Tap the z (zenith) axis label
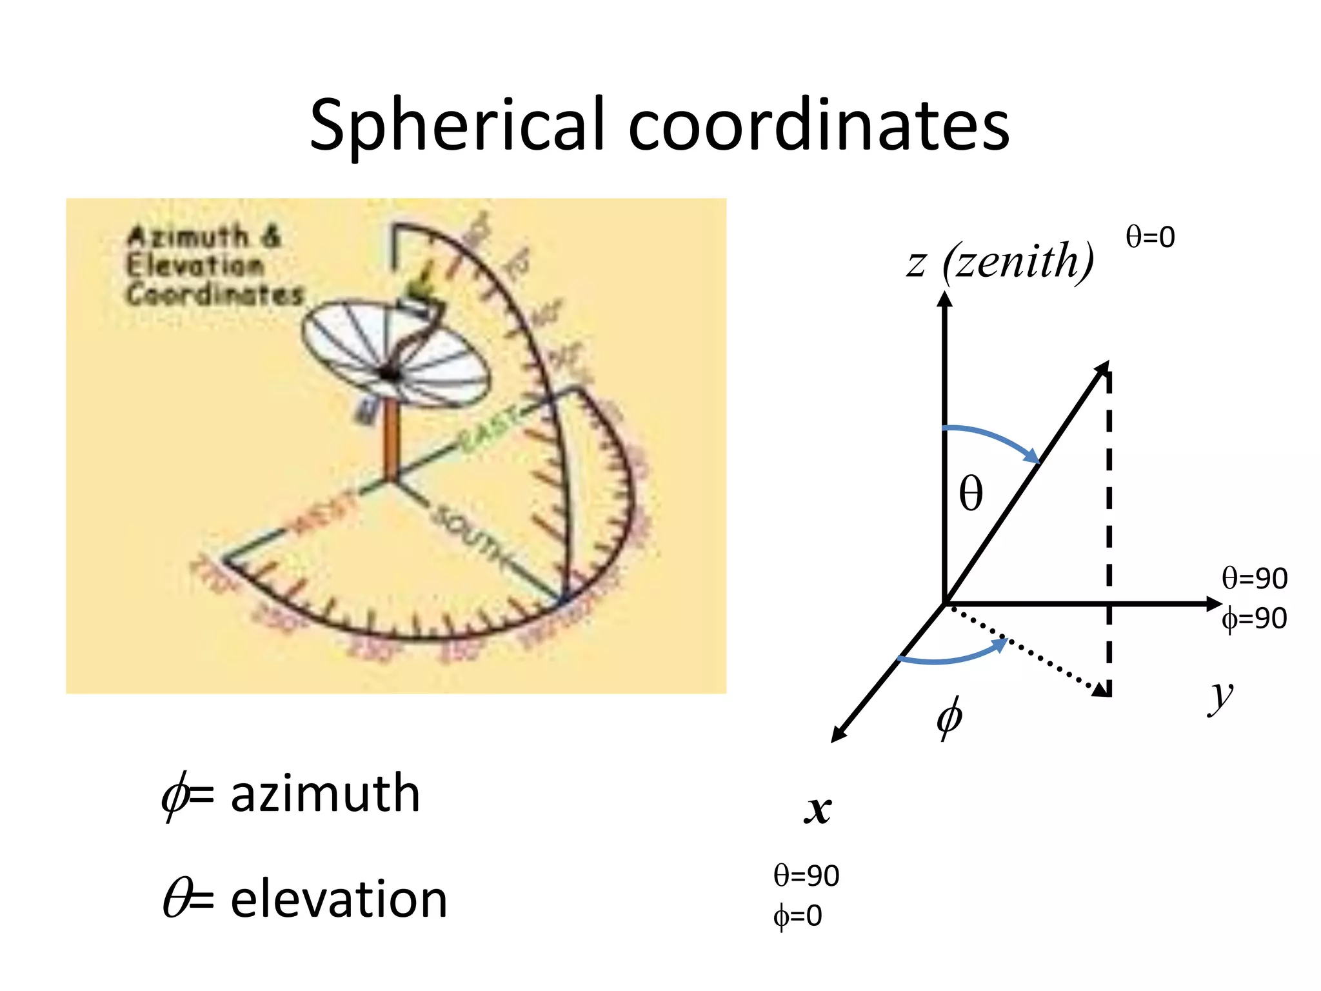pos(1000,261)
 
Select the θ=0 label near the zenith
pos(1150,237)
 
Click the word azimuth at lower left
pos(325,794)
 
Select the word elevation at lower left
pos(339,899)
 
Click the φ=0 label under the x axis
pos(798,916)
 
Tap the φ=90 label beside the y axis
pos(1254,619)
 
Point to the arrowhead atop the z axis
pos(945,299)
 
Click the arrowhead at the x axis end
pos(837,735)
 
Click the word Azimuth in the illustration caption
pos(188,237)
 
